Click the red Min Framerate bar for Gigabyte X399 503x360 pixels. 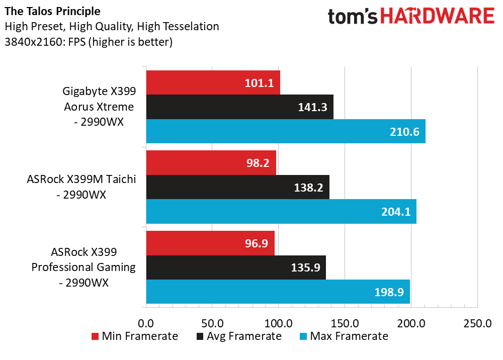pos(213,83)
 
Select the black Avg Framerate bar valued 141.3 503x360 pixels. pos(239,107)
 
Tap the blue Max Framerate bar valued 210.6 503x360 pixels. pos(285,131)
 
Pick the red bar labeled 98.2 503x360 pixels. pos(211,163)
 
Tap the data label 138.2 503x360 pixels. pos(308,187)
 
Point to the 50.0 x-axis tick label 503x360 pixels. pos(212,323)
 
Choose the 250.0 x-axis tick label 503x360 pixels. pos(477,323)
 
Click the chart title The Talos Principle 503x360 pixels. pos(52,11)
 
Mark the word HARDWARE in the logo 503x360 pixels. pos(438,17)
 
